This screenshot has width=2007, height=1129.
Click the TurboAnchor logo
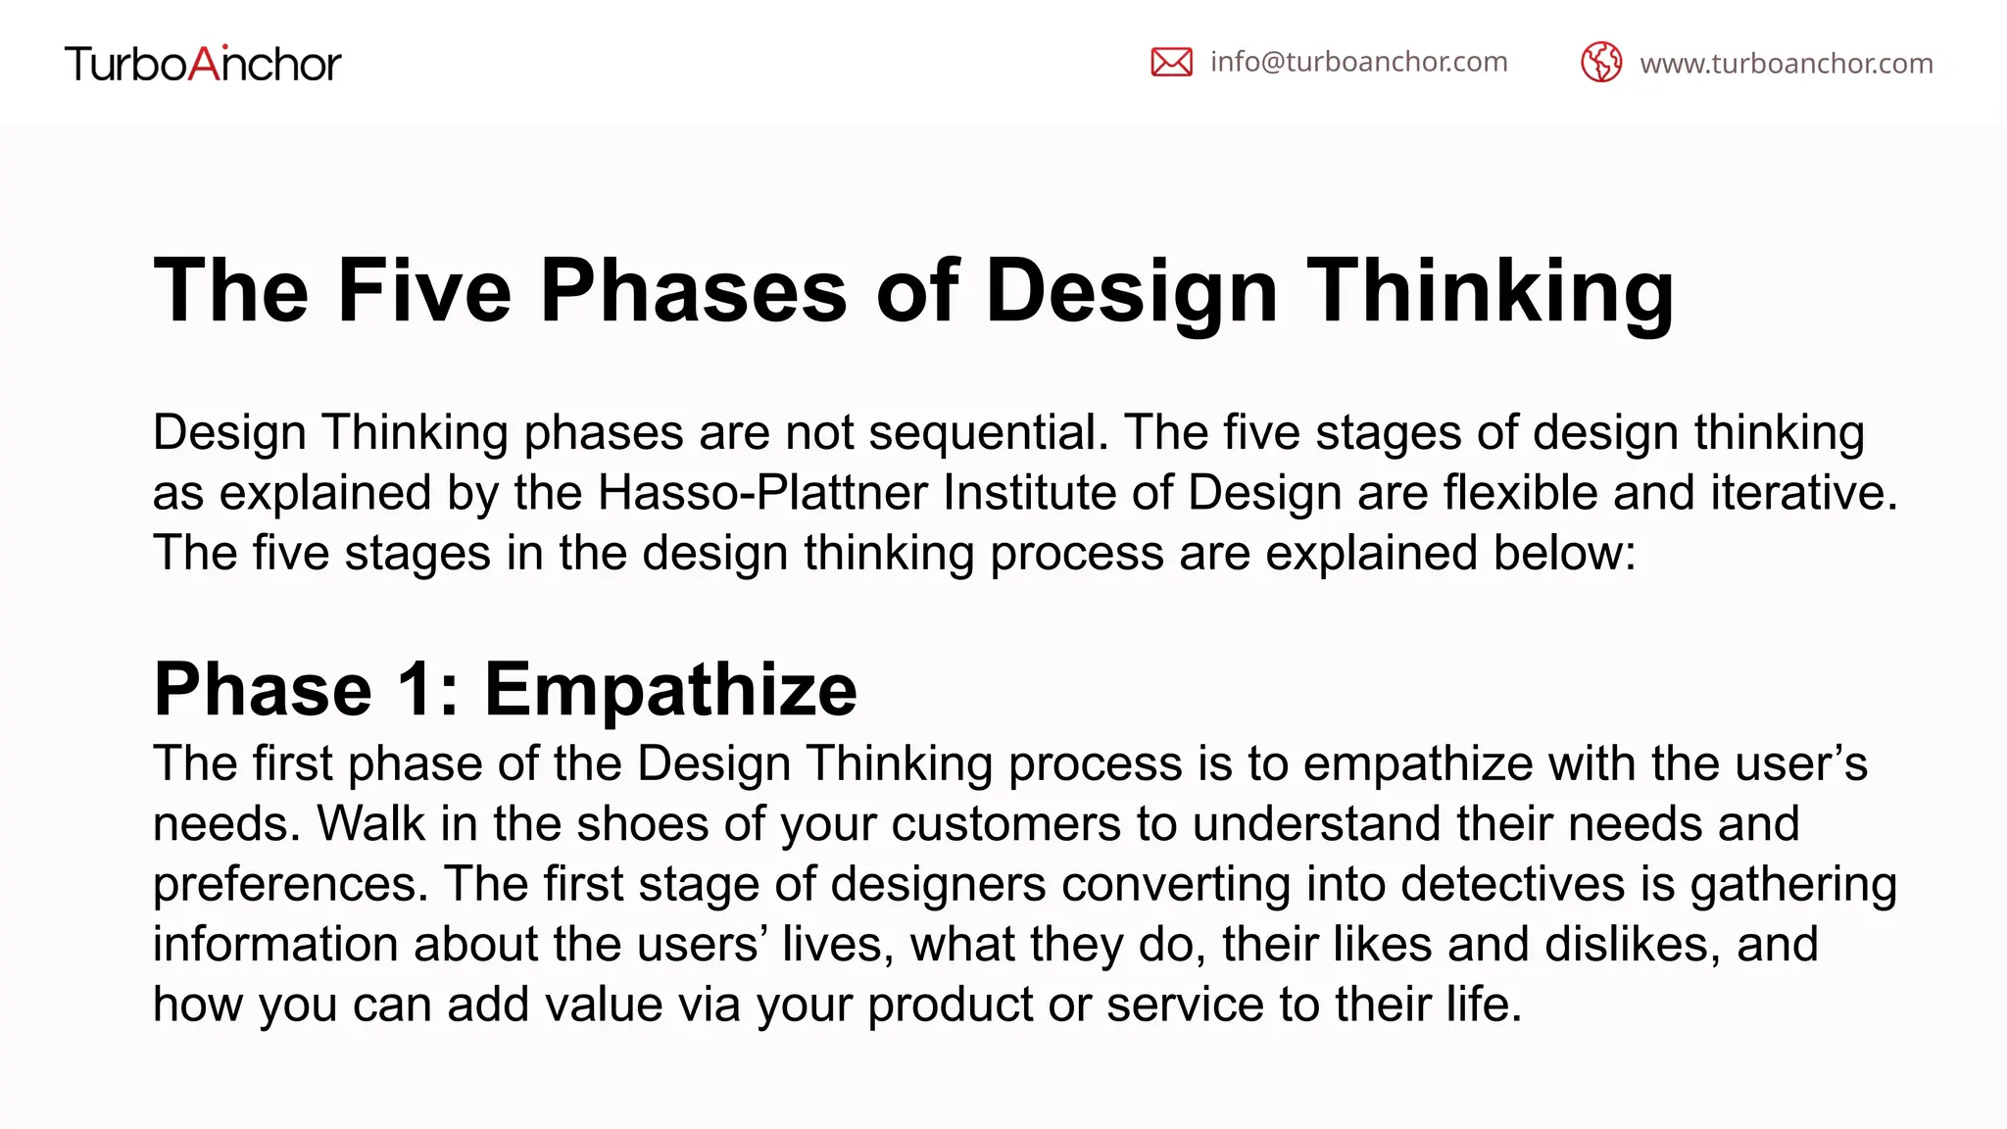click(x=203, y=64)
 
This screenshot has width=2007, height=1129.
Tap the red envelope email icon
click(x=1171, y=62)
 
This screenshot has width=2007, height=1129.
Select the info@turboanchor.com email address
click(x=1358, y=62)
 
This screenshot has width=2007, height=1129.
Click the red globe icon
click(x=1601, y=63)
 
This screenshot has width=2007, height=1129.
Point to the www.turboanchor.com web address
click(x=1786, y=64)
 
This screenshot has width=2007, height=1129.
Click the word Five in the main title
click(x=424, y=290)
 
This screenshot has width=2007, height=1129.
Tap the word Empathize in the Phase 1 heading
click(x=670, y=689)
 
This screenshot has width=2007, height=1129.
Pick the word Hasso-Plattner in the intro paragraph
click(x=761, y=492)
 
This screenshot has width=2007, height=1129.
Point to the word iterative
click(x=1803, y=492)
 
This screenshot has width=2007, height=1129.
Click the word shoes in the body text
click(x=642, y=823)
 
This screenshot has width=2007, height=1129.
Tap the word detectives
click(x=1512, y=883)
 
